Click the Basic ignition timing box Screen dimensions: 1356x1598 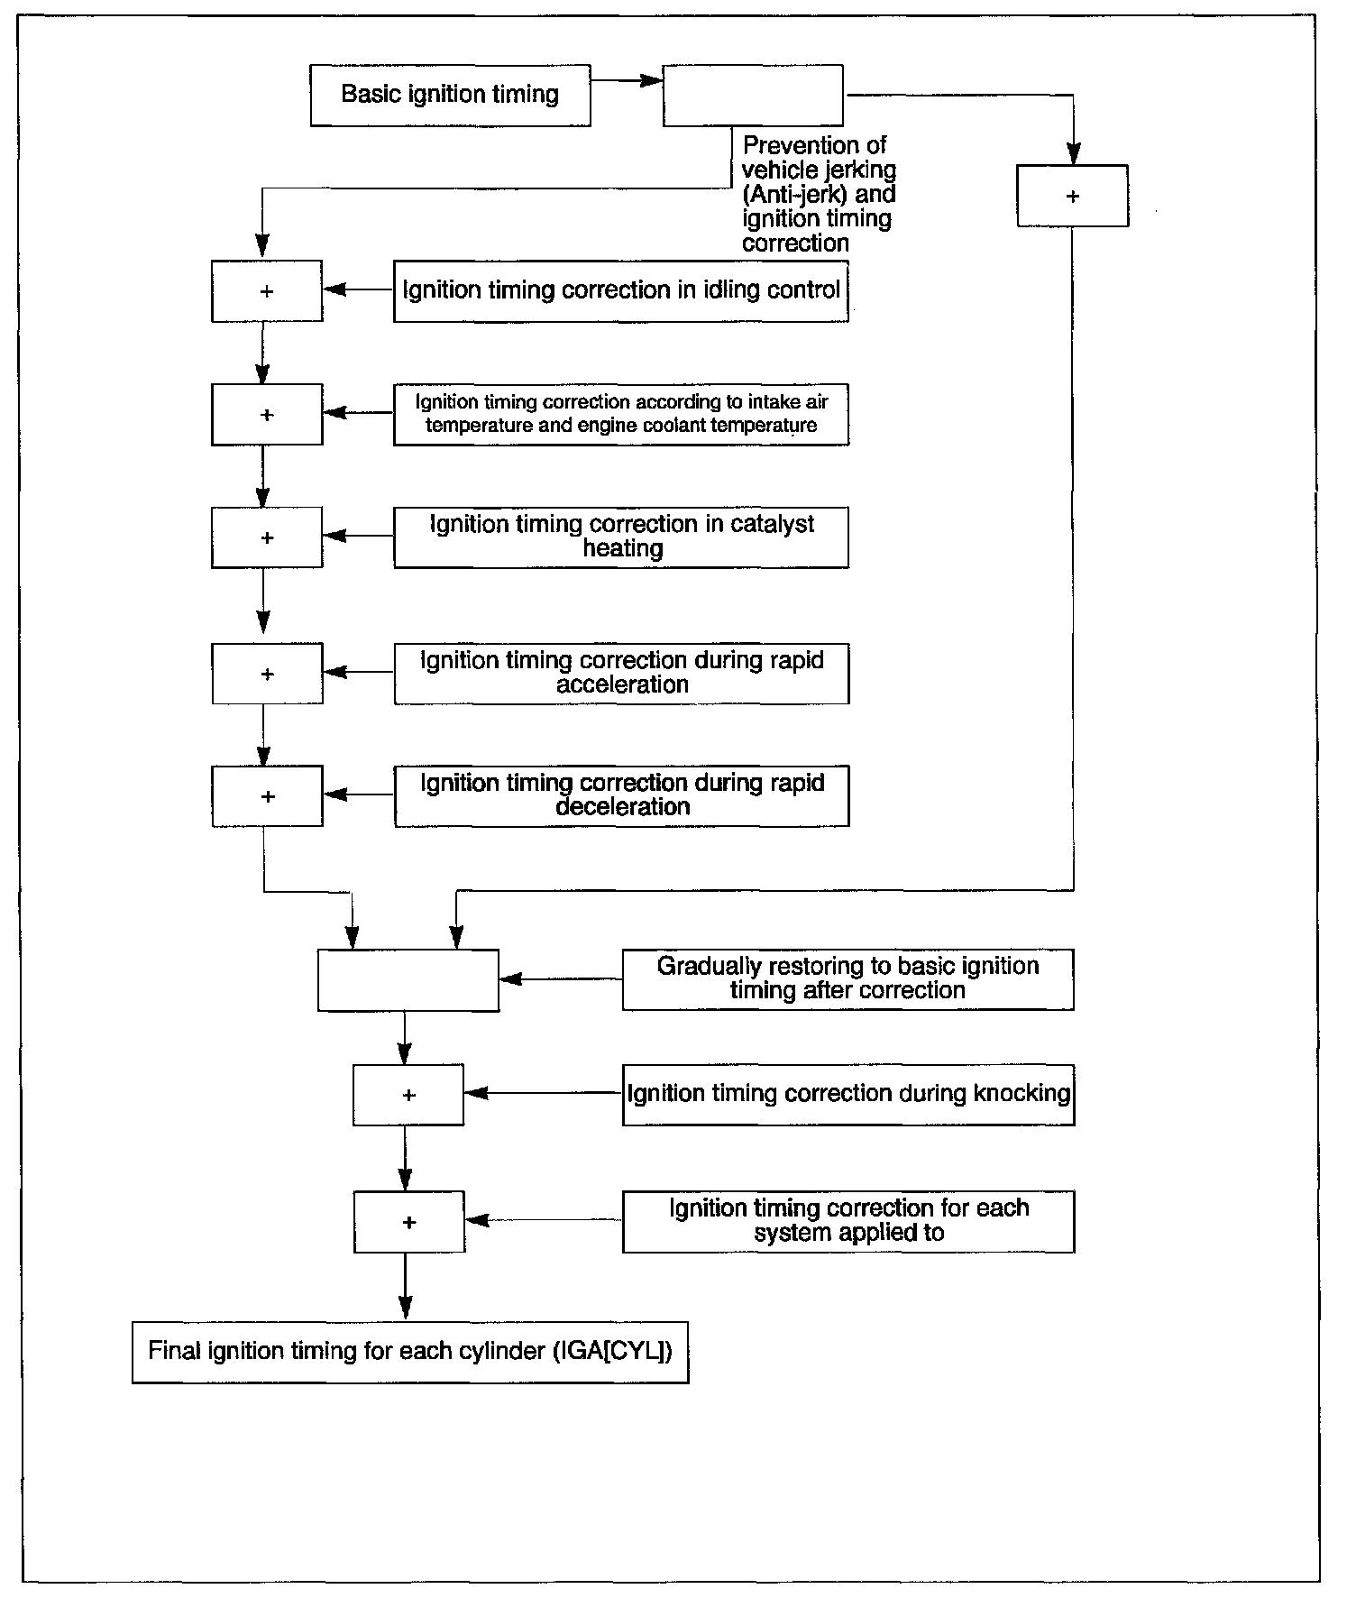click(x=450, y=95)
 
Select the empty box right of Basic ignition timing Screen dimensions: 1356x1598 click(x=753, y=95)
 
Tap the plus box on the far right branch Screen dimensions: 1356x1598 click(x=1072, y=196)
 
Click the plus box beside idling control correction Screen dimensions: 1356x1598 click(x=267, y=290)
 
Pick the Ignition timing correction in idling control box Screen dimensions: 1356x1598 click(x=621, y=290)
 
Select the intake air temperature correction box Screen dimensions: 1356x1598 click(x=621, y=414)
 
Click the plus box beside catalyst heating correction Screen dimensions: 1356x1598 click(x=267, y=537)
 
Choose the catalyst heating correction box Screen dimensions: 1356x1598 click(x=621, y=537)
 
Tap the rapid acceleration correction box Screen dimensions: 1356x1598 click(x=621, y=674)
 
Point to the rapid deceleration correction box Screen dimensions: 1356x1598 click(x=621, y=796)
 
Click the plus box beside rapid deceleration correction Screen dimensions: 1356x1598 click(x=267, y=796)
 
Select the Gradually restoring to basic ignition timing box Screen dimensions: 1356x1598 click(x=847, y=979)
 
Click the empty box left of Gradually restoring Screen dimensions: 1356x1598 click(x=408, y=980)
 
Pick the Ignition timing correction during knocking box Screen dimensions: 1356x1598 click(x=847, y=1094)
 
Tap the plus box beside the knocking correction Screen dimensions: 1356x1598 click(x=408, y=1095)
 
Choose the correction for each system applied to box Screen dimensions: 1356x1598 click(x=847, y=1222)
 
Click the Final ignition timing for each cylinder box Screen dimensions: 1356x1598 click(x=410, y=1352)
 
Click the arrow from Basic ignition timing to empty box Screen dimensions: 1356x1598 click(x=627, y=80)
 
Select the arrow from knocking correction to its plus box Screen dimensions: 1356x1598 click(x=543, y=1093)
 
